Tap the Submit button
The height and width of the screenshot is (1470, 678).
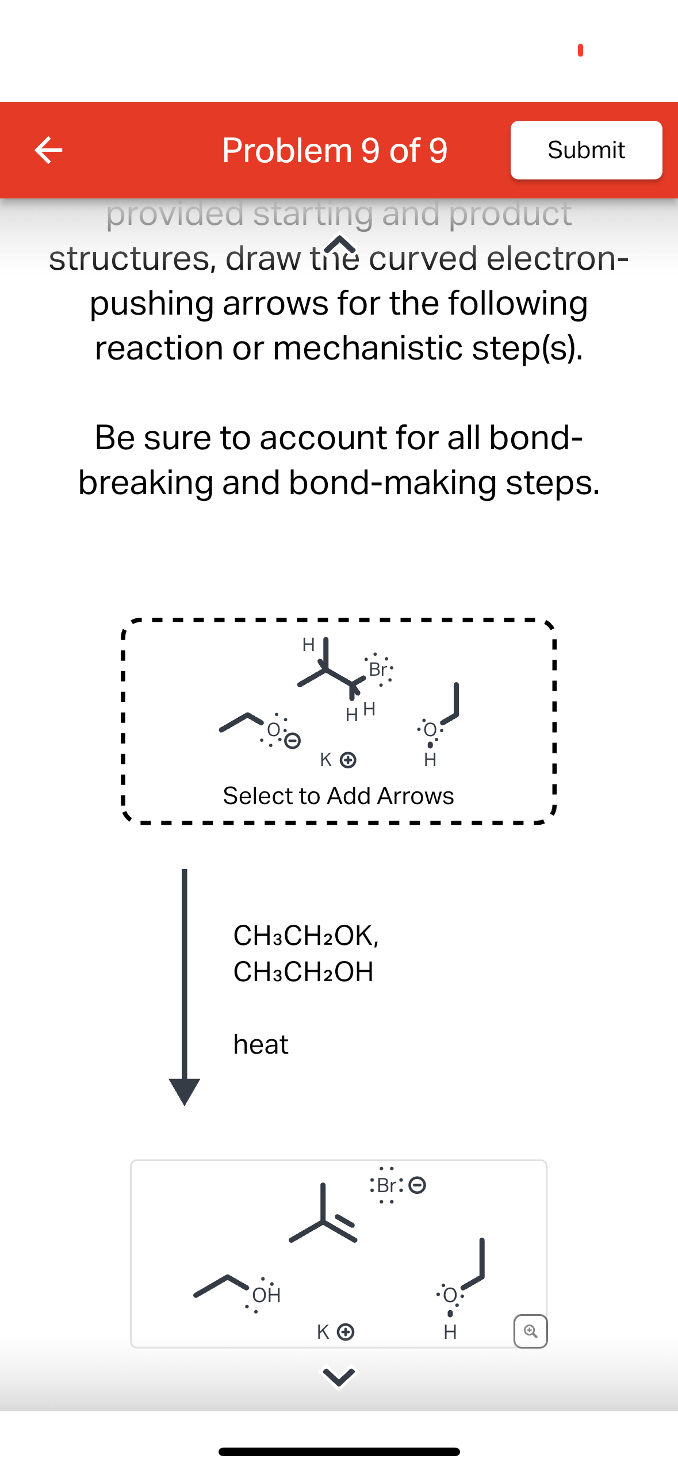(x=585, y=150)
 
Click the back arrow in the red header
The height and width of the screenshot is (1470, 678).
(x=48, y=150)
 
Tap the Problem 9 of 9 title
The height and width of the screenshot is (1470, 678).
(x=334, y=150)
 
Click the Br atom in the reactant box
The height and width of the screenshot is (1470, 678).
(x=378, y=669)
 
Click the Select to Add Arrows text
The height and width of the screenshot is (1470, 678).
(x=338, y=796)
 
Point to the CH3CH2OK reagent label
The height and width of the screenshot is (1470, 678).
(x=305, y=936)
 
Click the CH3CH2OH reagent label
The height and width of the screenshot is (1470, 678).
(x=303, y=972)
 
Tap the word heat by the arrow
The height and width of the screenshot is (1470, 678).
(x=261, y=1044)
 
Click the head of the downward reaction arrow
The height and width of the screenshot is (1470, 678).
(x=184, y=1090)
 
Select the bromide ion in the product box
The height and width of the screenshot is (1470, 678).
(x=397, y=1185)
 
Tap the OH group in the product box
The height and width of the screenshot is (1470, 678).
(x=266, y=1295)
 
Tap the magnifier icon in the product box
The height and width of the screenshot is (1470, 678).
(x=530, y=1331)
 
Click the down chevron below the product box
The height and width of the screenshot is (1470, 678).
(x=338, y=1376)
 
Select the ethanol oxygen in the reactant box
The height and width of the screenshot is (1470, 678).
(x=430, y=729)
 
